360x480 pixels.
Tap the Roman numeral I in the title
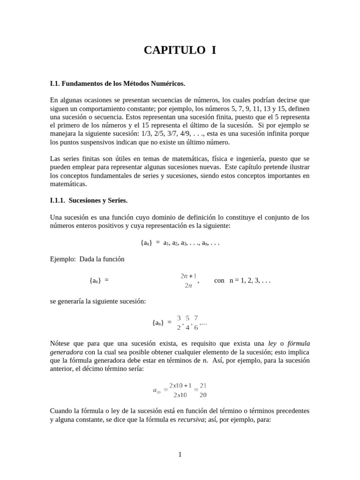point(213,51)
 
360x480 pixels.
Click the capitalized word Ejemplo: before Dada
point(63,259)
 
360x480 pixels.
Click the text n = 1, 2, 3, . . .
point(250,280)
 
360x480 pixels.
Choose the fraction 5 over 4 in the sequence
point(188,322)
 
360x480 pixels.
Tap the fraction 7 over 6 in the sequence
point(196,322)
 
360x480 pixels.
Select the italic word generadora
point(66,352)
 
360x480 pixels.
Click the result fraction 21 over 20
point(203,390)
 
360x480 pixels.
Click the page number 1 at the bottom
point(180,454)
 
